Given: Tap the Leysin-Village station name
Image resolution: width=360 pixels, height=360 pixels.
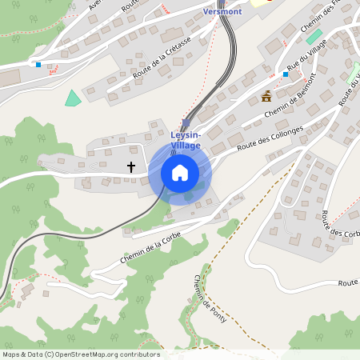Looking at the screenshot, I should click(186, 140).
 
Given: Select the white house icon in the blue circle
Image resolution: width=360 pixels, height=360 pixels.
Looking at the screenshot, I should click(180, 172).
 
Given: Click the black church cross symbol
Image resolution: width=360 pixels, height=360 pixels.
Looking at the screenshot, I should click(131, 167).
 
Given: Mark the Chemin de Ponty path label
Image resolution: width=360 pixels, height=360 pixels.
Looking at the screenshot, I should click(210, 300).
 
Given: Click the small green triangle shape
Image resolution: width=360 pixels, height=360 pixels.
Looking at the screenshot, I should click(73, 98).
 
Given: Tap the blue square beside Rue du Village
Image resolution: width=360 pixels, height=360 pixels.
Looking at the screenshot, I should click(286, 74).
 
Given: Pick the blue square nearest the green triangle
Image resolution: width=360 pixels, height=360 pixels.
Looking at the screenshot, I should click(38, 65).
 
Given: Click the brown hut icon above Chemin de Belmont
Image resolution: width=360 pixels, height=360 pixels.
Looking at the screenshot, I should click(266, 97).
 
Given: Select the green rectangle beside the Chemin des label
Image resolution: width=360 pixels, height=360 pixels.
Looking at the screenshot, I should click(314, 37).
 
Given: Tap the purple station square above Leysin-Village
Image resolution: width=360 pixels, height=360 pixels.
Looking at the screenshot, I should click(186, 123).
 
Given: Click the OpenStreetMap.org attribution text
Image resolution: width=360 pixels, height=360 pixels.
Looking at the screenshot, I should click(80, 354).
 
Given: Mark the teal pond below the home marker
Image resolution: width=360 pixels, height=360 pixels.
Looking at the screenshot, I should click(188, 196).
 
